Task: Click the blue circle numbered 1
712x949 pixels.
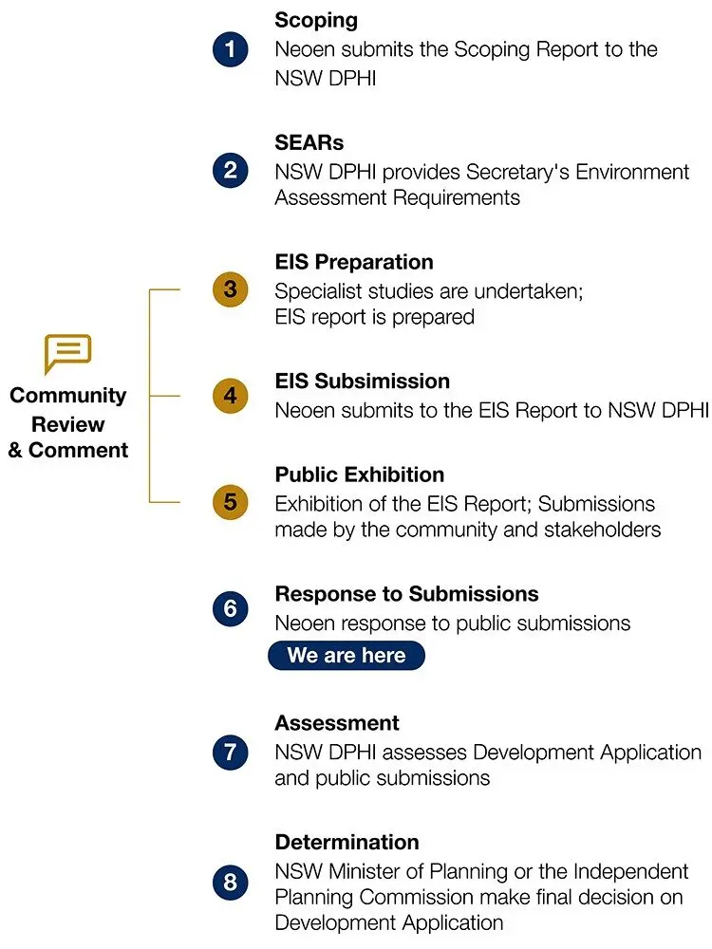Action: pyautogui.click(x=230, y=49)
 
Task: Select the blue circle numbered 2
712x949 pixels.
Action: pyautogui.click(x=230, y=170)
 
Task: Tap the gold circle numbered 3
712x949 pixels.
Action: pyautogui.click(x=230, y=289)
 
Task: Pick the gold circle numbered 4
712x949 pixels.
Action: pyautogui.click(x=230, y=396)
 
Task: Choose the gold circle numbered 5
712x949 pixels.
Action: pyautogui.click(x=230, y=502)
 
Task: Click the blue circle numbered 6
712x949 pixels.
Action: pyautogui.click(x=230, y=608)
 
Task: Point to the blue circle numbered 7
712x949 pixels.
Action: pyautogui.click(x=230, y=753)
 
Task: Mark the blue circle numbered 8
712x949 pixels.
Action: pyautogui.click(x=230, y=882)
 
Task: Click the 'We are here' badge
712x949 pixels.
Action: pyautogui.click(x=347, y=656)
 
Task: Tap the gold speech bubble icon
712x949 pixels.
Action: pyautogui.click(x=67, y=353)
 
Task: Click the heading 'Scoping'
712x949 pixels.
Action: pyautogui.click(x=316, y=21)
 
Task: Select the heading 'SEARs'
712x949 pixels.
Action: pyautogui.click(x=309, y=142)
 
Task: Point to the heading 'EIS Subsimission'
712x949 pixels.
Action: pyautogui.click(x=362, y=381)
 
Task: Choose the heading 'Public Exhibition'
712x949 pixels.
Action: pyautogui.click(x=360, y=474)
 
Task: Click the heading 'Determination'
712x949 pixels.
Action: pyautogui.click(x=347, y=842)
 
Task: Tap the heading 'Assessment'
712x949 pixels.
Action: pyautogui.click(x=337, y=722)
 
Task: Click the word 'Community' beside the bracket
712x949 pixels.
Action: pyautogui.click(x=67, y=396)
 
